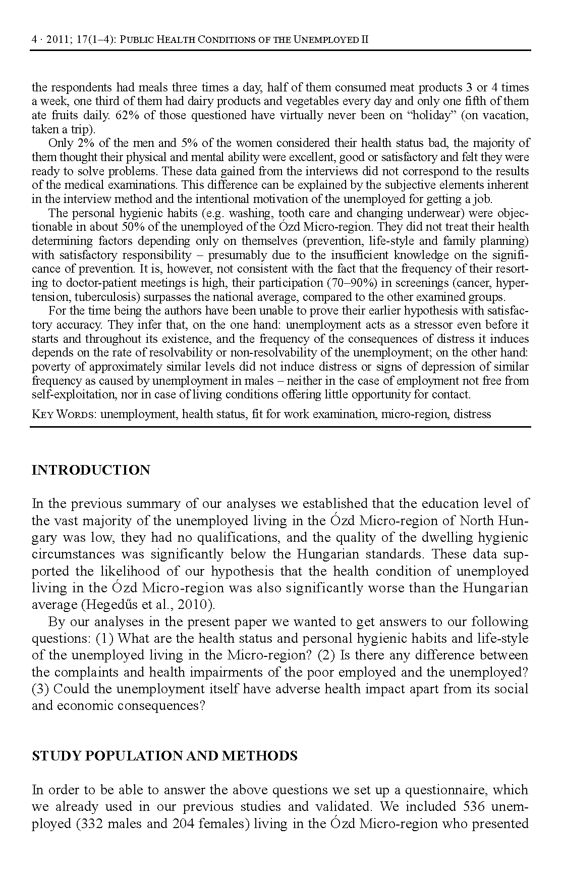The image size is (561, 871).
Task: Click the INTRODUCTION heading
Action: pos(91,470)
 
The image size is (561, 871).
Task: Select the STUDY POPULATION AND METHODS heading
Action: pos(164,756)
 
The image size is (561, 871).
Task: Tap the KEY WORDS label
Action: pos(64,415)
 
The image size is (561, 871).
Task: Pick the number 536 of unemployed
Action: pos(470,806)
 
